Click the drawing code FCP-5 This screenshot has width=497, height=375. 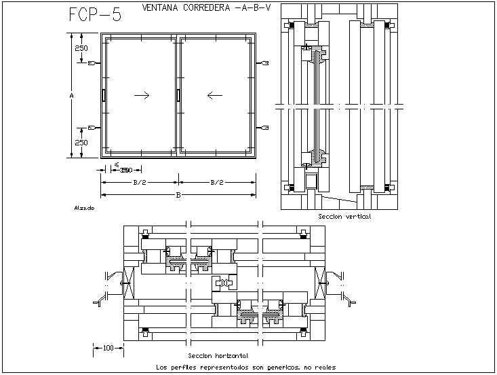click(x=95, y=15)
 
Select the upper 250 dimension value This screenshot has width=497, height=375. click(x=81, y=49)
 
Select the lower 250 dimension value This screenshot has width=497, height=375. click(x=81, y=143)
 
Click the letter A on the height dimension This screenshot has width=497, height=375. click(x=72, y=96)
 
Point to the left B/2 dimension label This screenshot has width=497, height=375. click(x=140, y=182)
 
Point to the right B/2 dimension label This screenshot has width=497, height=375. click(x=217, y=182)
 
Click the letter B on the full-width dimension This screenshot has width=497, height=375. click(x=178, y=196)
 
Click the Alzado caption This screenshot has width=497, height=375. click(x=84, y=208)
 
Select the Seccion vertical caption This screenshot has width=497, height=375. click(x=344, y=216)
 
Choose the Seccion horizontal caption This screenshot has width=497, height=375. click(x=218, y=355)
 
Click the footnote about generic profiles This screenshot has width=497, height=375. click(x=245, y=368)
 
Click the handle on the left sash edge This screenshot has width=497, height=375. click(x=104, y=96)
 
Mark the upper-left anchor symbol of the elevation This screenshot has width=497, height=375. click(x=94, y=63)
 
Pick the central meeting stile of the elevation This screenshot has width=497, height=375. click(x=178, y=96)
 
